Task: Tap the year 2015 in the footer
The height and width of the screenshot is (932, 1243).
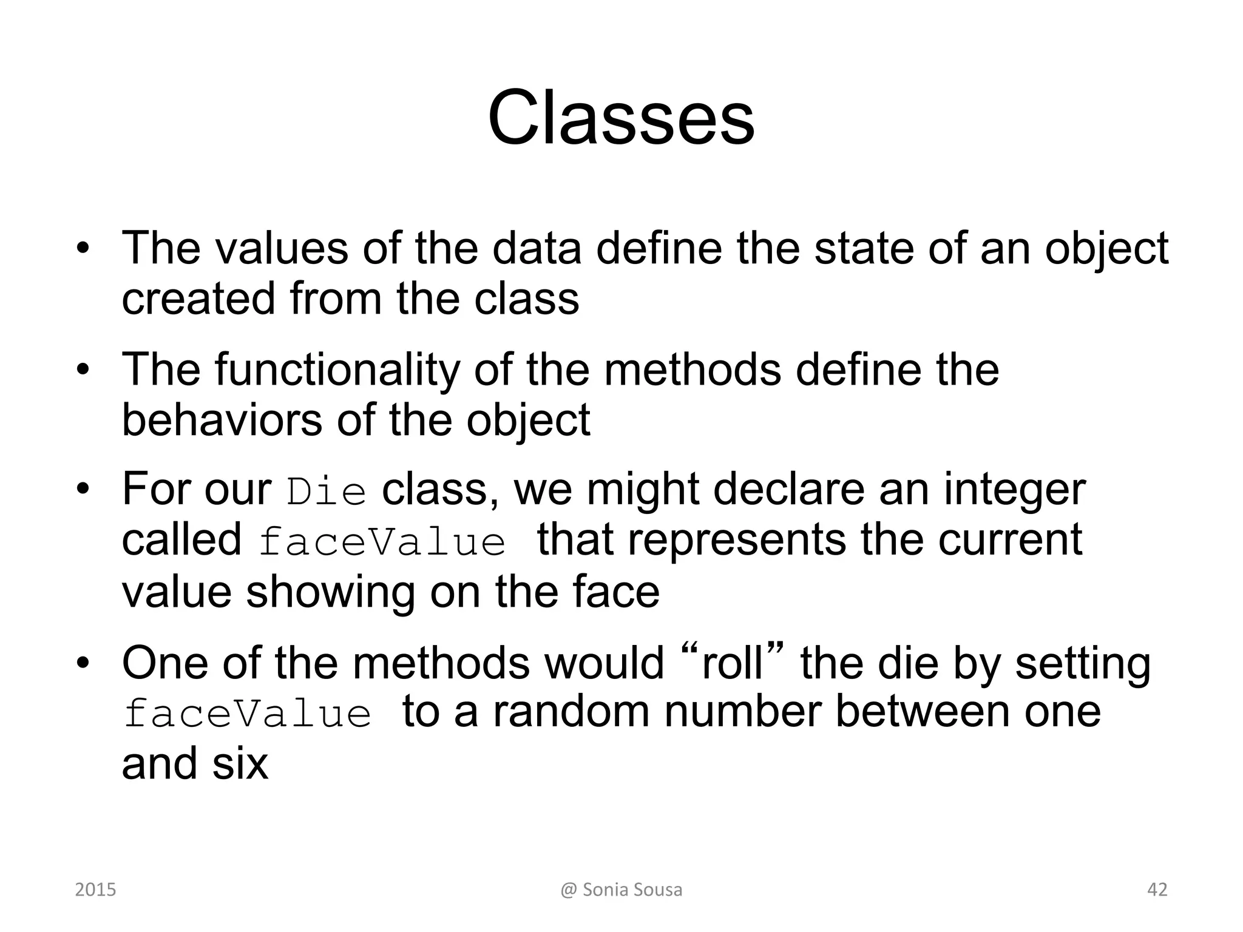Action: pos(95,890)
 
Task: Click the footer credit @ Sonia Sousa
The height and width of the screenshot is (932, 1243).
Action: pos(621,890)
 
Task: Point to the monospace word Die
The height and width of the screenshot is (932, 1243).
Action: pos(327,492)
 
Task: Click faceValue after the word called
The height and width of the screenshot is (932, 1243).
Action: pos(382,542)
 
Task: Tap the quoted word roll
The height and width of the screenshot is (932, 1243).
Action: pos(731,663)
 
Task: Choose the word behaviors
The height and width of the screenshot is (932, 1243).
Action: pos(222,420)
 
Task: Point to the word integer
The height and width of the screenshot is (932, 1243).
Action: pos(1014,490)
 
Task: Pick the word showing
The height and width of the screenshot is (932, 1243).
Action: pos(330,592)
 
